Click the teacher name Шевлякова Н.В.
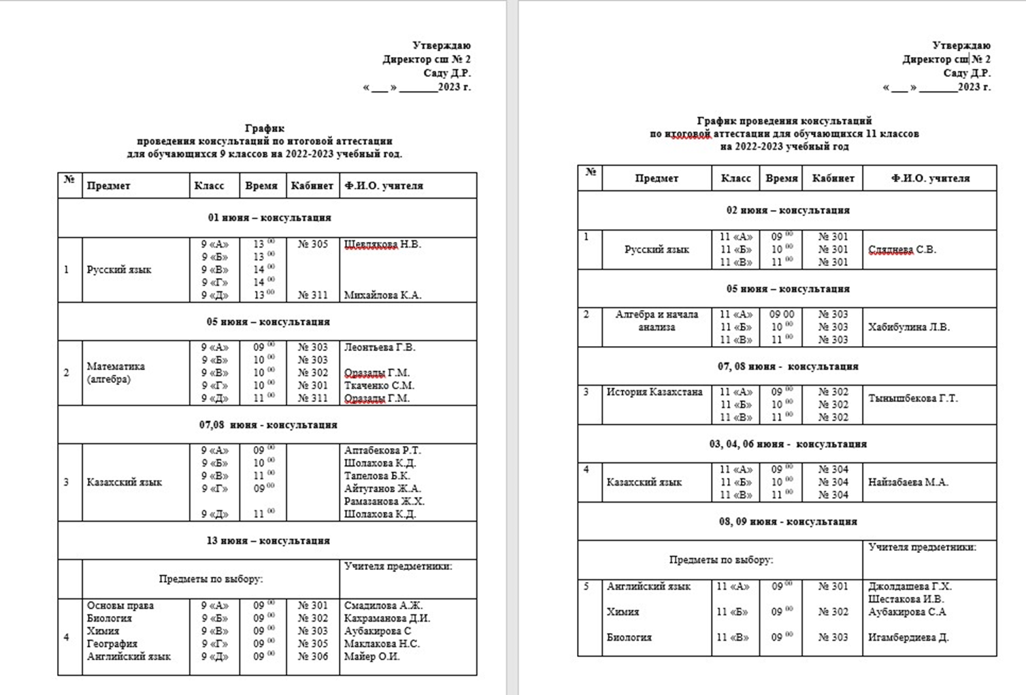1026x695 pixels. [x=382, y=244]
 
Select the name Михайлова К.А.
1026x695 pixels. [x=382, y=295]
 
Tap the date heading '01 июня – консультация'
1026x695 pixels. [x=269, y=218]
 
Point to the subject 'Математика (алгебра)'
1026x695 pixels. [x=116, y=373]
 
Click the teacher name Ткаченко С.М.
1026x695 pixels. [x=379, y=386]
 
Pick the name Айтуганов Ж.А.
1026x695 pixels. [x=382, y=488]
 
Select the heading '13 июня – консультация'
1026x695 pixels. [x=268, y=541]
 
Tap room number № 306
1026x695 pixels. [x=313, y=656]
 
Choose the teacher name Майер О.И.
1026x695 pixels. [x=371, y=656]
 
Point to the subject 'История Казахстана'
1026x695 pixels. [x=655, y=392]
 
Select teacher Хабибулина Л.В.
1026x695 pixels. [x=908, y=327]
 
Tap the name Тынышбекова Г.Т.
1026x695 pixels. [x=912, y=399]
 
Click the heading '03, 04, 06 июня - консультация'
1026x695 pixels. [x=788, y=444]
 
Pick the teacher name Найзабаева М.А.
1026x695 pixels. [x=908, y=482]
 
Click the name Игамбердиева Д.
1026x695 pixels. [x=908, y=637]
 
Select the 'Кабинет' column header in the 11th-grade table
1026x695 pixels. [x=833, y=178]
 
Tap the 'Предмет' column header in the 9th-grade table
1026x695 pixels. [x=108, y=186]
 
